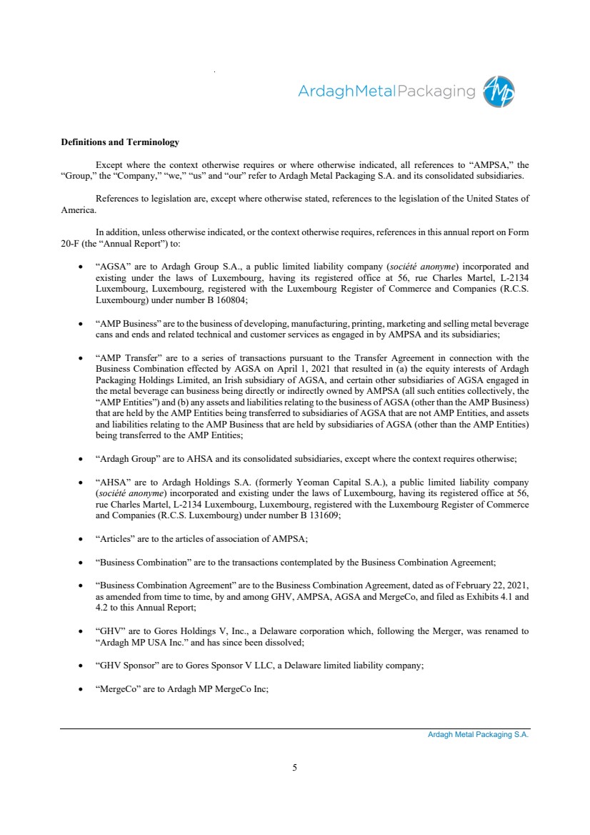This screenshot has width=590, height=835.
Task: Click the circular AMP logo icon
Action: point(499,92)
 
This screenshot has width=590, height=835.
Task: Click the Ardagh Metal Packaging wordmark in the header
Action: point(386,92)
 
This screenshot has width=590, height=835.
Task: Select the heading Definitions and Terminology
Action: point(120,143)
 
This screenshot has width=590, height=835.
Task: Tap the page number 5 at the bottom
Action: point(295,768)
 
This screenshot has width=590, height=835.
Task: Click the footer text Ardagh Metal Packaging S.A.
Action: point(473,735)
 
